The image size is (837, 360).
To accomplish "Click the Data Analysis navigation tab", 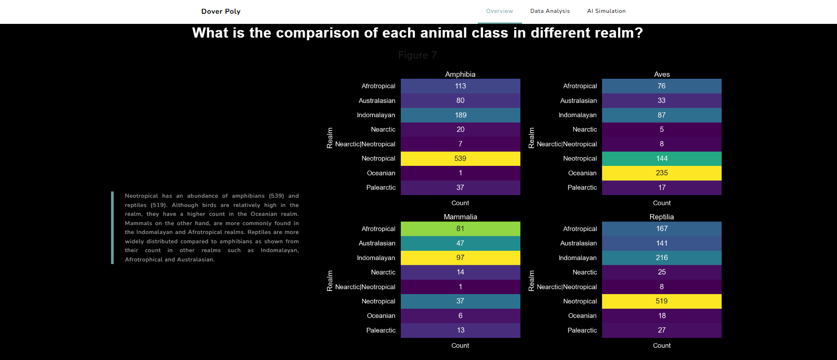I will click(550, 11).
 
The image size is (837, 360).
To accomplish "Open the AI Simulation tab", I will click(606, 11).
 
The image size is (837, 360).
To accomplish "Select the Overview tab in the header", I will click(499, 11).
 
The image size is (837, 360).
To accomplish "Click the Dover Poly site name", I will click(221, 11).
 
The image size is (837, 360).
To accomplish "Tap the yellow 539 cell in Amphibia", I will click(460, 158).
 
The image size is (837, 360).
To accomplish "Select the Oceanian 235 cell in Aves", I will click(661, 173).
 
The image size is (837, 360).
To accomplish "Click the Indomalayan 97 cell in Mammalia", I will click(460, 257).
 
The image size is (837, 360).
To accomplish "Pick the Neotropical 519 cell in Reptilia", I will click(661, 301).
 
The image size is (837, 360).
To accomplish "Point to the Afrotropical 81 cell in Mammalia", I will click(460, 229).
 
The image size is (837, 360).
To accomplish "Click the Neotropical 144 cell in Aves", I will click(661, 158).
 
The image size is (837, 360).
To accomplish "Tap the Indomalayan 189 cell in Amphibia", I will click(460, 115).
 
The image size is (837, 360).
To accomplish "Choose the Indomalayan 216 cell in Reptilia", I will click(661, 257).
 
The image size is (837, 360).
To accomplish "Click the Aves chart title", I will click(662, 74).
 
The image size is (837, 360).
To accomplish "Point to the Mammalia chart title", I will click(460, 217).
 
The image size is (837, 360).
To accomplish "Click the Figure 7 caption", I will click(417, 55).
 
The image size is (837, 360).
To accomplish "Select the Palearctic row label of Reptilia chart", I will click(582, 330).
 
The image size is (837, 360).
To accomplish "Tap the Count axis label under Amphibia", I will click(460, 203).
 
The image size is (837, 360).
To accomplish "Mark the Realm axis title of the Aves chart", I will click(531, 138).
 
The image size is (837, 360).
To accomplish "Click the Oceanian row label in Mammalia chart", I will click(381, 316).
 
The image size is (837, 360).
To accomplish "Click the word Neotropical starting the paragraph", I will click(141, 196).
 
